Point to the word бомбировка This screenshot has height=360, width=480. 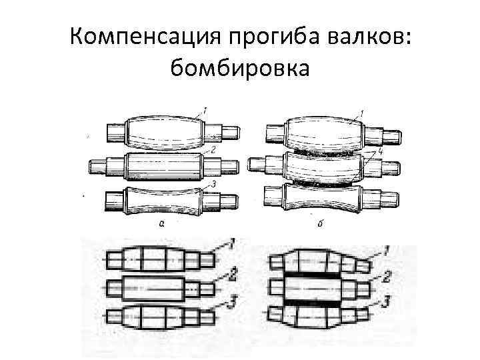point(240,67)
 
